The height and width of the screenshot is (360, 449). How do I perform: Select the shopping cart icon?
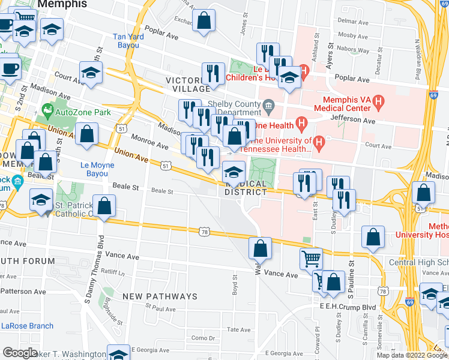[311, 259]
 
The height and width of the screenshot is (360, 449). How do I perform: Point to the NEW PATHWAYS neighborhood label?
[160, 297]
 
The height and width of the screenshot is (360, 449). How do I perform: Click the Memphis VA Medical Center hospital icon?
[378, 103]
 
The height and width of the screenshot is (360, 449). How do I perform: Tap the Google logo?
[20, 352]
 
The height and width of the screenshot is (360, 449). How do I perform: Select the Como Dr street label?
[203, 338]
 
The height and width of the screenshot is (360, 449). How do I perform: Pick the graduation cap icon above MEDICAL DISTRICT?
[234, 172]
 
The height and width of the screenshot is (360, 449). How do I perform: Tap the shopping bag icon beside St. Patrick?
[104, 205]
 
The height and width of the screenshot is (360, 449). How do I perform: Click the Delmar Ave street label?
[351, 20]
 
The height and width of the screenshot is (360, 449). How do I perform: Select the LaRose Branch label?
[27, 326]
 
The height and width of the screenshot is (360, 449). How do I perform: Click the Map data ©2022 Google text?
[412, 355]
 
